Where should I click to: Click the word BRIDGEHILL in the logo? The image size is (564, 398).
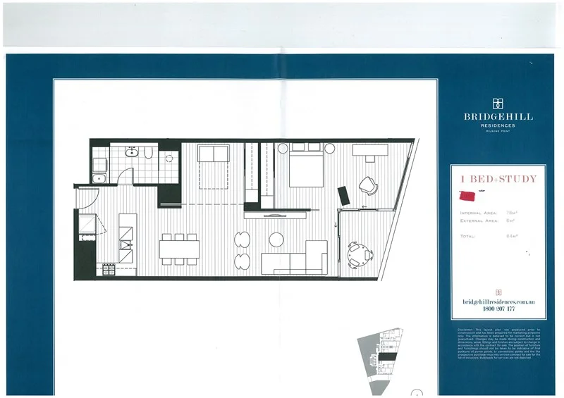[x=498, y=117]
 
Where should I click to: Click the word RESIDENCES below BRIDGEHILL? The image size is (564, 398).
[x=498, y=125]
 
